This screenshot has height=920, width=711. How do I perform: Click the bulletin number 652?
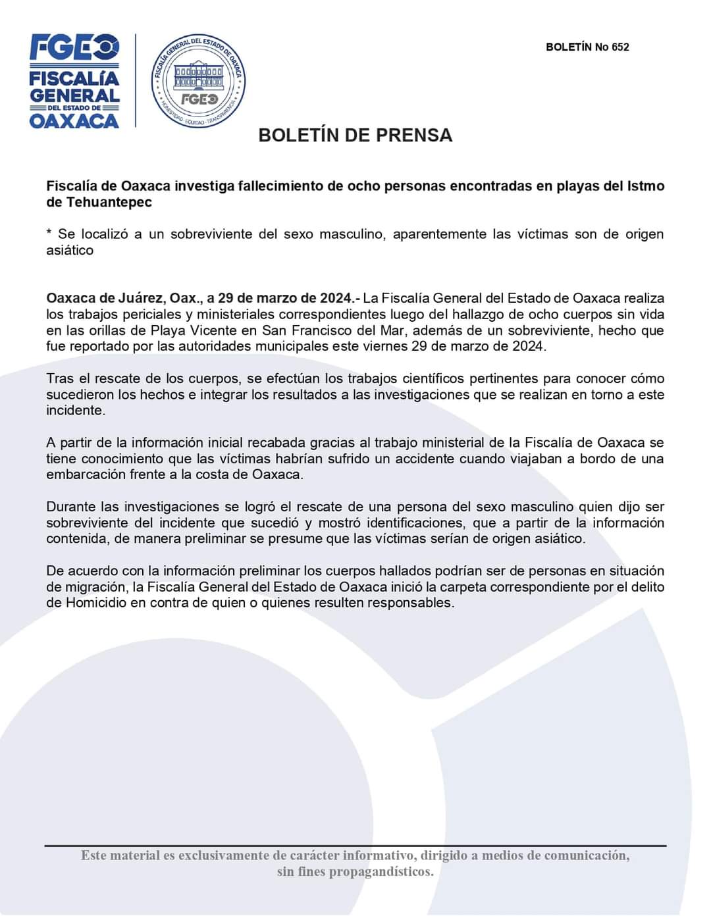tap(620, 47)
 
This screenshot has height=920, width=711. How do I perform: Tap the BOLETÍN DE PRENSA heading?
tap(355, 135)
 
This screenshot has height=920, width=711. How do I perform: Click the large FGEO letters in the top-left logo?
tap(74, 47)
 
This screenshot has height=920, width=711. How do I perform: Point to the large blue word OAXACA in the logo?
tap(74, 121)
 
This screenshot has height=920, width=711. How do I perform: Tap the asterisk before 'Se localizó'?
tap(49, 234)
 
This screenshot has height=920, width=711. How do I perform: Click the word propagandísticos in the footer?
tap(381, 872)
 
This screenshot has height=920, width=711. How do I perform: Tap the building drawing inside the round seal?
tap(198, 76)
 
